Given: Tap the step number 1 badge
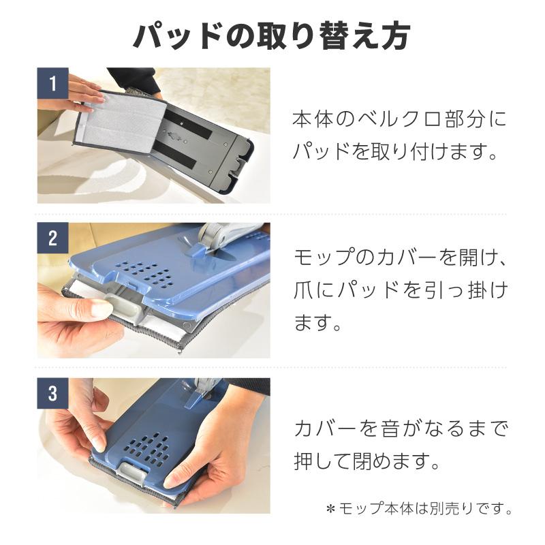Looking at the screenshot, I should tap(52, 84).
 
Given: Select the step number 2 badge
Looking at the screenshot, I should tap(52, 239).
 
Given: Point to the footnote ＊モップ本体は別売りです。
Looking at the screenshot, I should tap(418, 509).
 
